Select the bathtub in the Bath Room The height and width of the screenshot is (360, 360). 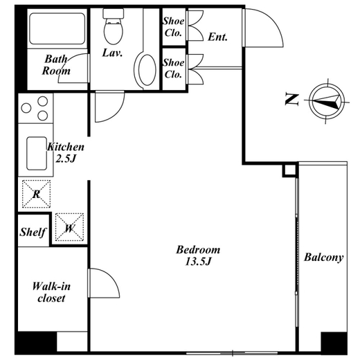[x=57, y=28]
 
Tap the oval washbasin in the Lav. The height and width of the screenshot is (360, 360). [x=147, y=70]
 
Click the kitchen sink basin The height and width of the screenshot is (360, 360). [x=37, y=154]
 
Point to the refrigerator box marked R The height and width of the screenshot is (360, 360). [x=36, y=194]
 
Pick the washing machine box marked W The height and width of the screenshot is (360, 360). [x=69, y=227]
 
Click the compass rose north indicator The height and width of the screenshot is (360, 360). [x=326, y=101]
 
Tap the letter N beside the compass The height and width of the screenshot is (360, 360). [x=292, y=99]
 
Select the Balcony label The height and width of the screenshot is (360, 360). [x=323, y=257]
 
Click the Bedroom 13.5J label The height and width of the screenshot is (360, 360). [x=198, y=255]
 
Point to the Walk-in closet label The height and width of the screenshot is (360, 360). [x=51, y=292]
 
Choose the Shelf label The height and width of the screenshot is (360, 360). [x=33, y=232]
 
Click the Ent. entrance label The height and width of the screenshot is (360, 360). [x=217, y=37]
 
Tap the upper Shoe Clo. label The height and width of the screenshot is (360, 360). [x=174, y=27]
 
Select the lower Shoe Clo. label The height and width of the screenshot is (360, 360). [x=174, y=69]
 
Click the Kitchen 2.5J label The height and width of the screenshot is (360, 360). [x=66, y=152]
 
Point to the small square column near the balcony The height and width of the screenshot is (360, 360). [x=289, y=170]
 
